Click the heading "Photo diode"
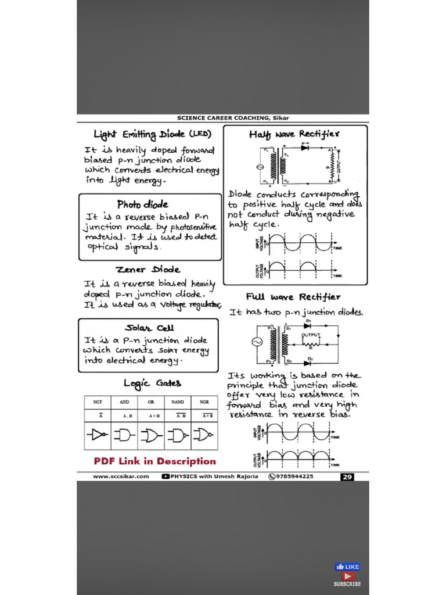(143, 205)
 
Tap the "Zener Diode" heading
(148, 270)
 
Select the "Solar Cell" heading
(149, 328)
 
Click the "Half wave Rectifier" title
(294, 134)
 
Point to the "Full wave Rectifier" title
(293, 297)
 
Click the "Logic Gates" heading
(152, 383)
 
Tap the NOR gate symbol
(204, 435)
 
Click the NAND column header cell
(178, 402)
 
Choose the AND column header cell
(124, 402)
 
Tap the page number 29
(347, 476)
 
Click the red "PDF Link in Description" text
(154, 461)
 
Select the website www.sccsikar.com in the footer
(121, 476)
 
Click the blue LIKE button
(348, 567)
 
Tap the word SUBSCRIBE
(347, 583)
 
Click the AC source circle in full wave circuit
(256, 342)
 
